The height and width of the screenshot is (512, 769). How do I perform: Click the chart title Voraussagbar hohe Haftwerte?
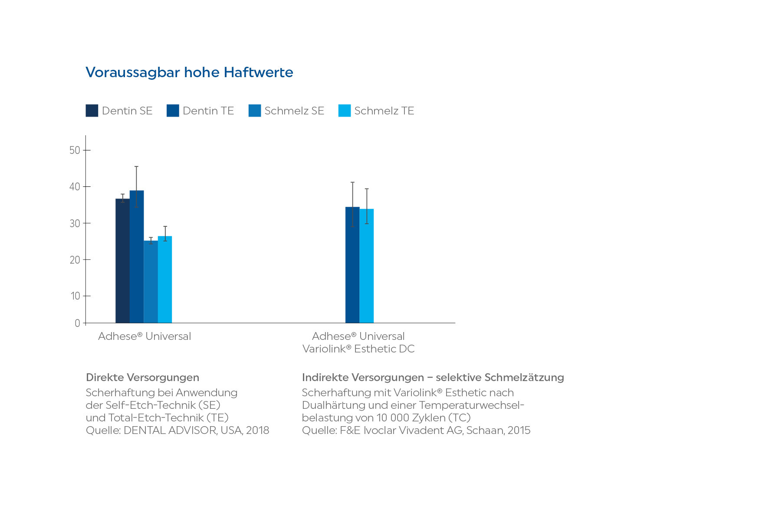pyautogui.click(x=189, y=72)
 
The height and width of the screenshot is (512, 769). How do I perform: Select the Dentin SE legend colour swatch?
pyautogui.click(x=92, y=111)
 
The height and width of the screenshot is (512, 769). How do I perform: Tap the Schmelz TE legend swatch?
pyautogui.click(x=344, y=111)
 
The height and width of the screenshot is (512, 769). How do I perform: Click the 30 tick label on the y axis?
pyautogui.click(x=75, y=223)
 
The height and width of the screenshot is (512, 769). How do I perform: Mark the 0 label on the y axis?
pyautogui.click(x=77, y=323)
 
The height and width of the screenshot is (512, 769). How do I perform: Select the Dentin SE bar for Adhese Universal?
pyautogui.click(x=122, y=260)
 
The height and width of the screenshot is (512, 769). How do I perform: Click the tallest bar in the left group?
pyautogui.click(x=136, y=256)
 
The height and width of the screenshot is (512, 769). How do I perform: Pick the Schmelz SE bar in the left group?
pyautogui.click(x=151, y=282)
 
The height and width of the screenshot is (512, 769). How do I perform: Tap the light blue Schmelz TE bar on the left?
pyautogui.click(x=165, y=280)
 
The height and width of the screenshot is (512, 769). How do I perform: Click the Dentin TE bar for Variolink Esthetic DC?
pyautogui.click(x=352, y=264)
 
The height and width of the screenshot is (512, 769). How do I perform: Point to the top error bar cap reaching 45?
pyautogui.click(x=136, y=166)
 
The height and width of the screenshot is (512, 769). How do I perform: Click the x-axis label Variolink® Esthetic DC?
pyautogui.click(x=358, y=349)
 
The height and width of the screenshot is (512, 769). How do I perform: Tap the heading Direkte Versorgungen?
pyautogui.click(x=142, y=378)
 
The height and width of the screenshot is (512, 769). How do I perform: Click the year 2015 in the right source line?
pyautogui.click(x=519, y=430)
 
